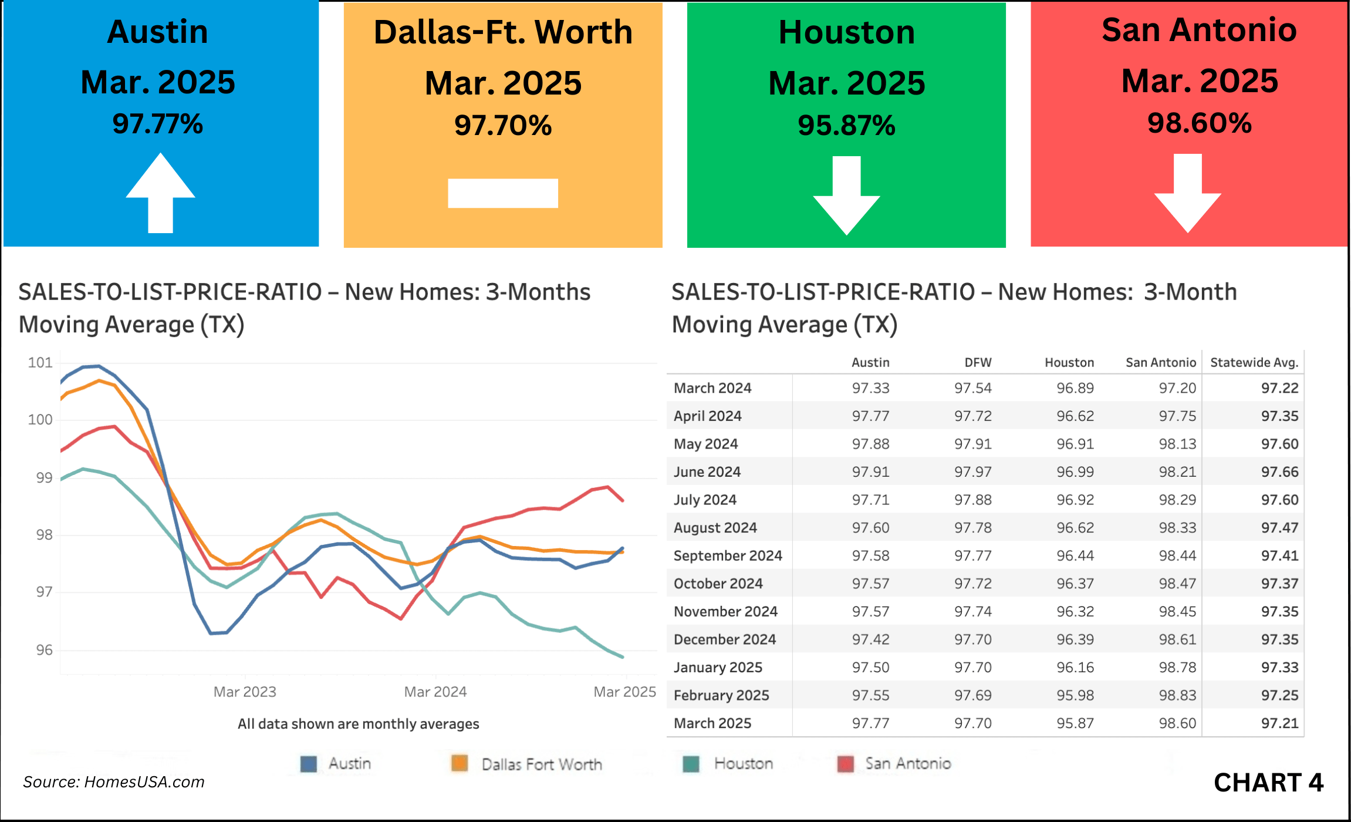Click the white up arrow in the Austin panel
click(160, 193)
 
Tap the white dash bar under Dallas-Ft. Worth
click(502, 193)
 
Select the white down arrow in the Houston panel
click(846, 197)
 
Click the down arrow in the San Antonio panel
click(1188, 194)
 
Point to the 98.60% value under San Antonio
click(1199, 123)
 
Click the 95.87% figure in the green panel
click(846, 125)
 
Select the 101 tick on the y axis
click(40, 363)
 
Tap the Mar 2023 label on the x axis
click(245, 692)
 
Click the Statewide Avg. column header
click(1254, 362)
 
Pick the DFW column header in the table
click(978, 362)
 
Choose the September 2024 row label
click(728, 555)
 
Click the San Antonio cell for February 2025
click(1177, 695)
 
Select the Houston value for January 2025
click(1075, 668)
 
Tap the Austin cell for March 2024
click(871, 388)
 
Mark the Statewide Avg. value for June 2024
click(1280, 472)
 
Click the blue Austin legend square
click(309, 764)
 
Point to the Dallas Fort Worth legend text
click(542, 764)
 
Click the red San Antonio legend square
click(846, 764)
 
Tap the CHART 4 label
click(1268, 783)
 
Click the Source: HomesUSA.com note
click(114, 782)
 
